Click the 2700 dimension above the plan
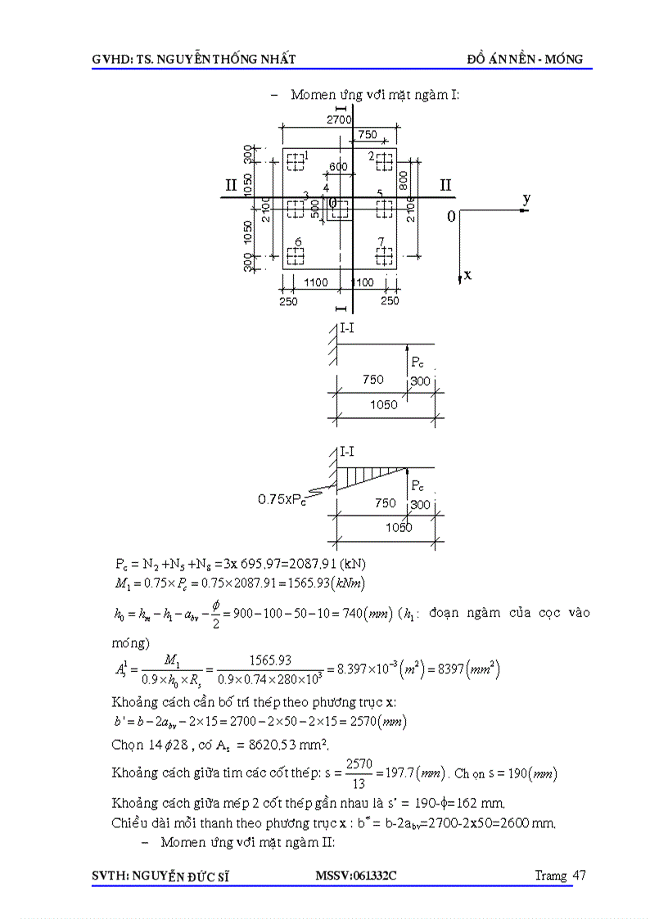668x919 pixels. click(339, 119)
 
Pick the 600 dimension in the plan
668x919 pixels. click(338, 167)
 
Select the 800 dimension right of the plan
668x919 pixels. click(403, 181)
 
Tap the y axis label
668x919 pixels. click(526, 199)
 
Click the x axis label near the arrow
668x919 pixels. click(467, 275)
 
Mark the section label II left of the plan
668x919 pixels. click(232, 185)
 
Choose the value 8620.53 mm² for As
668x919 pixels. click(260, 745)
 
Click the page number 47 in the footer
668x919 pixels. click(579, 875)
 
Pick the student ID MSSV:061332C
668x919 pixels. click(356, 876)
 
